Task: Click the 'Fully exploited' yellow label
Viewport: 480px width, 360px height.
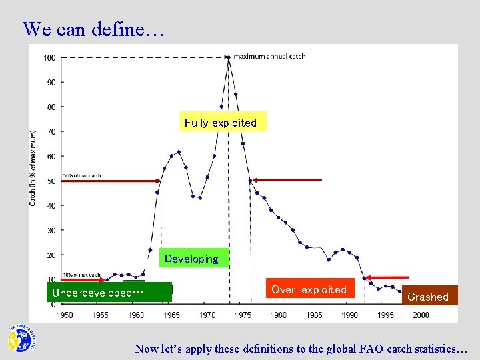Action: click(x=221, y=122)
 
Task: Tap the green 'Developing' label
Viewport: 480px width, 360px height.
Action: click(x=192, y=259)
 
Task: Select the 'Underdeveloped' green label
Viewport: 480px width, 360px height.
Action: click(x=97, y=293)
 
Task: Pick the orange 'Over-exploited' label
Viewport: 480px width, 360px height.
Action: click(x=309, y=289)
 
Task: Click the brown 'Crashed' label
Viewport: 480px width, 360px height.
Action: click(x=428, y=297)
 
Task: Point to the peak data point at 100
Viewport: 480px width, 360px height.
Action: click(x=228, y=57)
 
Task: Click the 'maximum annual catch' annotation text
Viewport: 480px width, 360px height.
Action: click(x=269, y=57)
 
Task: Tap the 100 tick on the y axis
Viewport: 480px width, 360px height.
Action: click(x=49, y=57)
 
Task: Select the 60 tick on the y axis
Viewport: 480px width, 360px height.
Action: click(x=51, y=156)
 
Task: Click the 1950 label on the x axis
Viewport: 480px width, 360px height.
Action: click(x=65, y=315)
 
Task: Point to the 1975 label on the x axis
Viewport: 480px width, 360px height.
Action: click(x=243, y=315)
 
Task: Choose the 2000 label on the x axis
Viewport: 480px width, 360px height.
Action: click(x=421, y=315)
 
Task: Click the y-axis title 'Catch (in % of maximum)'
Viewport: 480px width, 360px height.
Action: click(x=33, y=167)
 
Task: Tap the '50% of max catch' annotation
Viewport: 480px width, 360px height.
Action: click(x=83, y=175)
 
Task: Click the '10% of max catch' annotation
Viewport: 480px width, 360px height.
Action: click(x=83, y=274)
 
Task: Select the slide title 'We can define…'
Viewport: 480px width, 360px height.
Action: click(x=93, y=29)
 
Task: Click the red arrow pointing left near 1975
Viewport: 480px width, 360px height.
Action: click(x=287, y=180)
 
